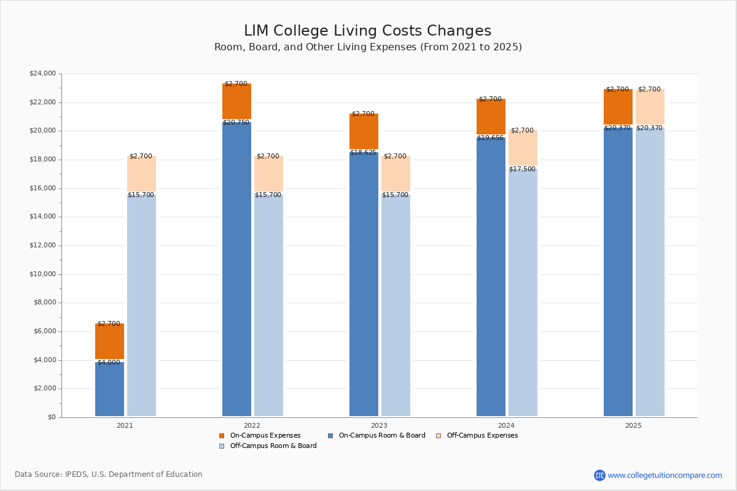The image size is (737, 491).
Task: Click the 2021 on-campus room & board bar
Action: [109, 389]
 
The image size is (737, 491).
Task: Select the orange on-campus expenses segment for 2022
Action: [236, 101]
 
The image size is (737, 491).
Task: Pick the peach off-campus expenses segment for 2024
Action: [523, 148]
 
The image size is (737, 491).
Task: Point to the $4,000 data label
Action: [109, 363]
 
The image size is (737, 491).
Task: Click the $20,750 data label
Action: [236, 123]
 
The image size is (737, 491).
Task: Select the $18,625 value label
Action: [364, 153]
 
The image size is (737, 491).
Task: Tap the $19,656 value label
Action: [491, 138]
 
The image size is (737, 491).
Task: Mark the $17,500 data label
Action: [522, 169]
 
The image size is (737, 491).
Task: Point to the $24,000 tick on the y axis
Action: [42, 74]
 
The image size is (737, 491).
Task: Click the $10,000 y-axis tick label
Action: [42, 274]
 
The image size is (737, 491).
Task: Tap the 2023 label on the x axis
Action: [379, 425]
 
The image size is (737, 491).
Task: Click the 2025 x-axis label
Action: [633, 425]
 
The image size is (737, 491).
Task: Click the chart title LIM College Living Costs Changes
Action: [367, 31]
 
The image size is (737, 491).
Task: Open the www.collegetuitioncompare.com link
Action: [665, 475]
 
